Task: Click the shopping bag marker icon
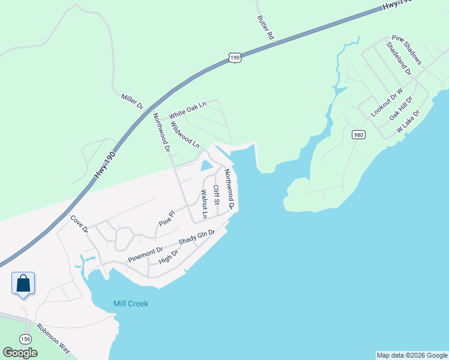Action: click(23, 283)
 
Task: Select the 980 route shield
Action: click(358, 134)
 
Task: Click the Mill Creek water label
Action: click(131, 304)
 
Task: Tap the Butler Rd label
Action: click(265, 28)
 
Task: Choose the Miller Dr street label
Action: click(133, 101)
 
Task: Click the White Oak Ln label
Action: click(187, 110)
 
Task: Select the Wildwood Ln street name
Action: click(185, 135)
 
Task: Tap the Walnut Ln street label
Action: click(204, 203)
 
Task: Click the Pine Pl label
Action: click(166, 218)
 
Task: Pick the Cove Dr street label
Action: click(79, 224)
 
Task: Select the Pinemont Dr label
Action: click(145, 254)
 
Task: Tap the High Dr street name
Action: click(169, 257)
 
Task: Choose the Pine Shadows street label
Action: click(407, 50)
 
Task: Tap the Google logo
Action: click(20, 353)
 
